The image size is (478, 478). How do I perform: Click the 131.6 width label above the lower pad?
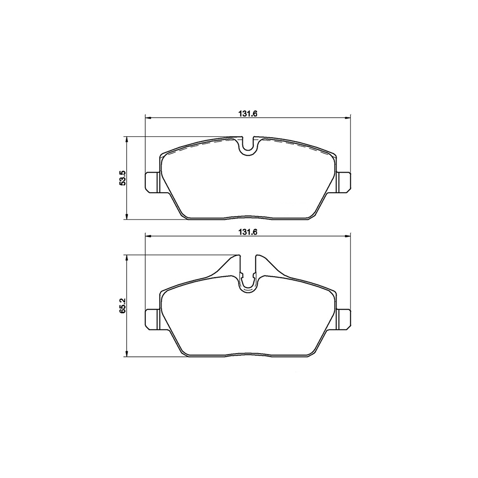(x=248, y=232)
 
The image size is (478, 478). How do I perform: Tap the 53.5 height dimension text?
(x=122, y=178)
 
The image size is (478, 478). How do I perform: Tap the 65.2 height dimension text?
(x=122, y=305)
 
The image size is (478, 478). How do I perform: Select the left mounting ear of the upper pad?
(x=152, y=182)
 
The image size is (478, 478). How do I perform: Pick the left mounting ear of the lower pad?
(x=152, y=319)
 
